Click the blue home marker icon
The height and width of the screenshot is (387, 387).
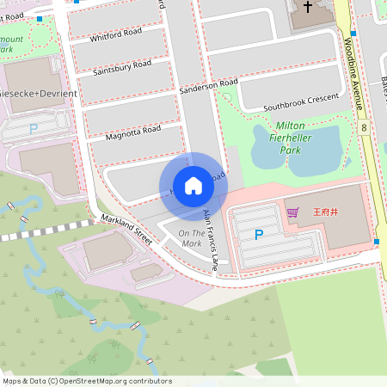point(193,186)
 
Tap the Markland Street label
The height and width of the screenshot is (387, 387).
point(126,230)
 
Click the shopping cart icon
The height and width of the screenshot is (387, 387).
point(292,212)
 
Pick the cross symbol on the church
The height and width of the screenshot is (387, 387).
point(308,7)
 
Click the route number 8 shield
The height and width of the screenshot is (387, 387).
point(365,127)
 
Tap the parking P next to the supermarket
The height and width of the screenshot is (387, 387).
point(259,234)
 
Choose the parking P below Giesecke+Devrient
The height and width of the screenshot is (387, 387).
point(34,128)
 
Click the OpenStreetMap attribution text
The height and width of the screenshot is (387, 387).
point(87,380)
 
